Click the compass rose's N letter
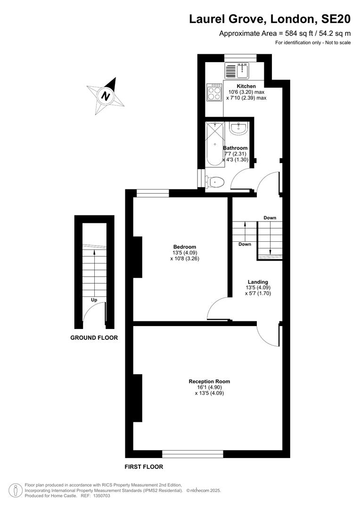pos(106,96)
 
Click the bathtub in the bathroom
pos(215,145)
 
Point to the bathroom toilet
pos(214,182)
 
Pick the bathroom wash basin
pos(239,128)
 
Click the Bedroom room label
pos(185,246)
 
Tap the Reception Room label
pos(209,381)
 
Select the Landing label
pos(258,282)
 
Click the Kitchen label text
pos(246,86)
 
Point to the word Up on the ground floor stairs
pos(94,300)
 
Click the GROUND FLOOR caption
pos(94,337)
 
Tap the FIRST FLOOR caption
pos(144,467)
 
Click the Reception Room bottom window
pos(193,454)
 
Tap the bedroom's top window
pos(153,194)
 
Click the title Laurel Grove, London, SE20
pos(270,19)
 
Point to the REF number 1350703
pos(101,496)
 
